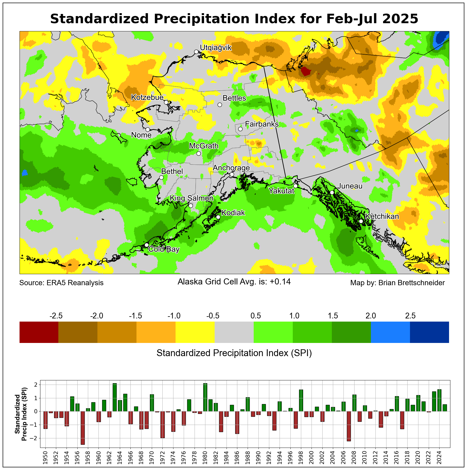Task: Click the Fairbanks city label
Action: coord(262,124)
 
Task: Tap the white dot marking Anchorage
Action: coord(232,175)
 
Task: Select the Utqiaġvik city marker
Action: coord(196,52)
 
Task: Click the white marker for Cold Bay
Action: coord(147,245)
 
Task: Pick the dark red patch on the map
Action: coord(305,71)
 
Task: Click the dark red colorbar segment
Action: coord(39,332)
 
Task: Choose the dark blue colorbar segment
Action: coord(429,332)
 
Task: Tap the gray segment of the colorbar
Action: coord(234,332)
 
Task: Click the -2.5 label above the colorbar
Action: coord(56,316)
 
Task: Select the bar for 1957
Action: coord(83,428)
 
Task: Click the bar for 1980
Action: coord(205,397)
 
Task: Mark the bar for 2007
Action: coord(349,426)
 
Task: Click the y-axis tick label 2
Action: coord(36,385)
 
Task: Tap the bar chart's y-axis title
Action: coord(21,414)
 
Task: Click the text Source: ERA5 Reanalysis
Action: coord(62,283)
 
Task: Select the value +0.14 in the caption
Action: coord(280,282)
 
